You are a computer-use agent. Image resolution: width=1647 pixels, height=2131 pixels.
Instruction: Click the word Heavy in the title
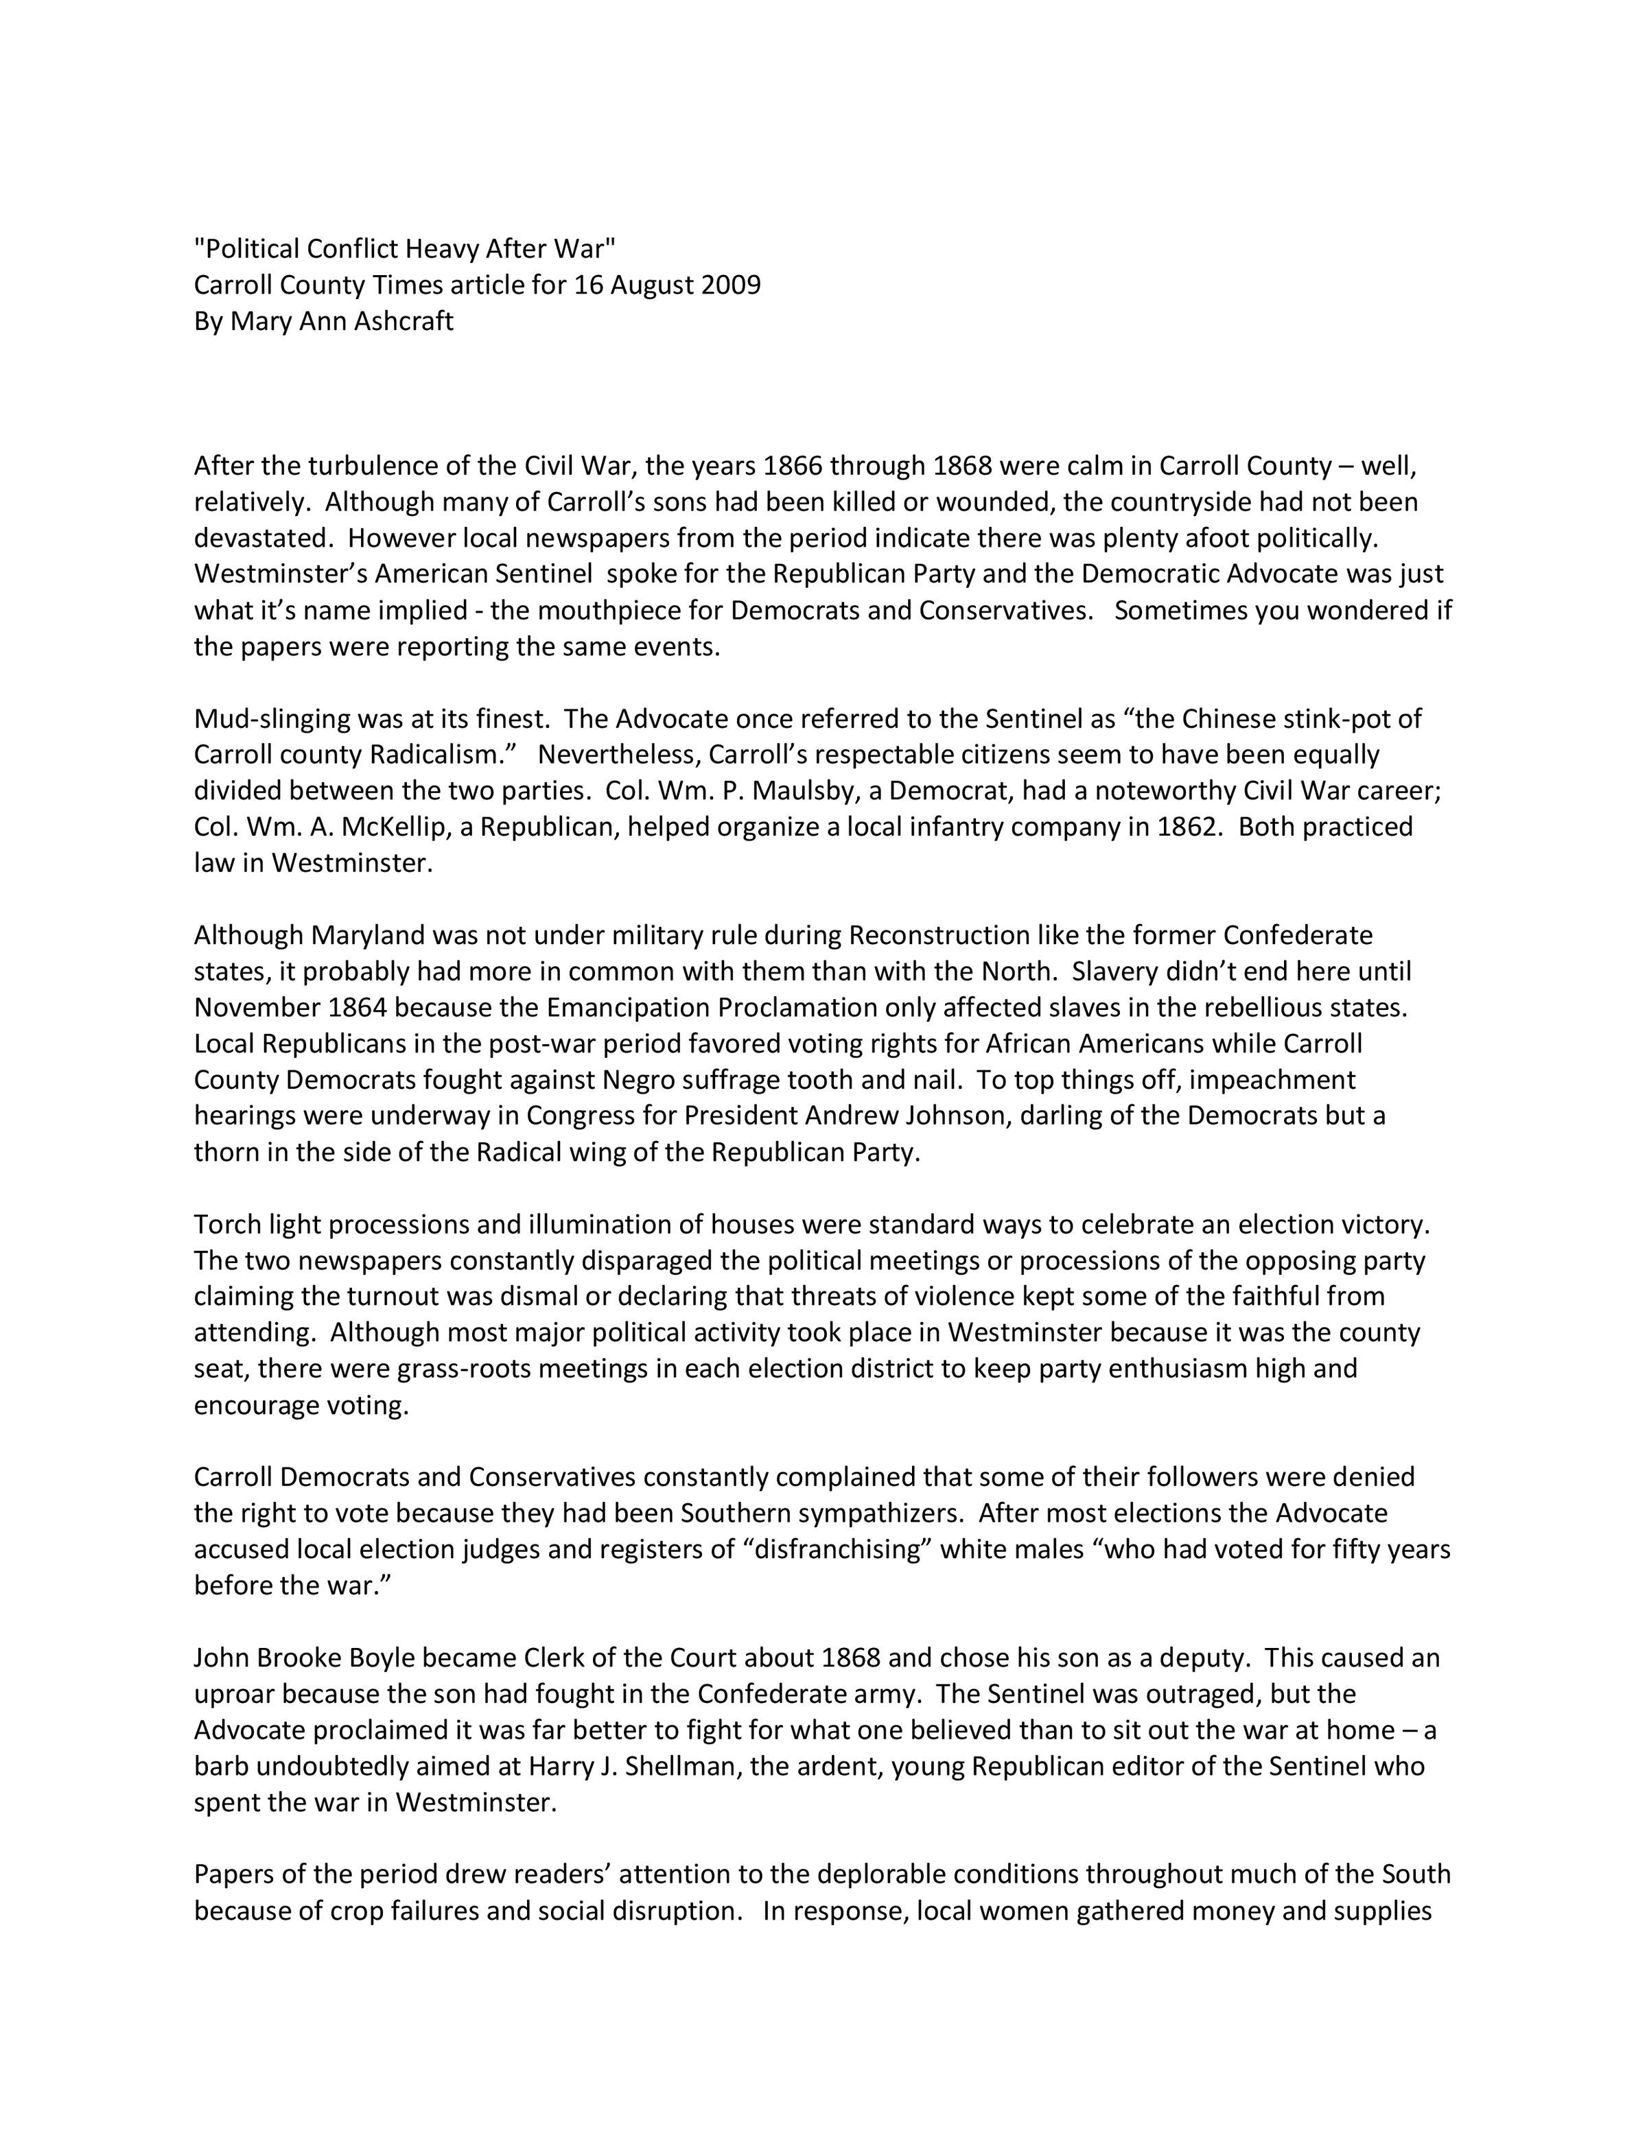coord(441,249)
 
